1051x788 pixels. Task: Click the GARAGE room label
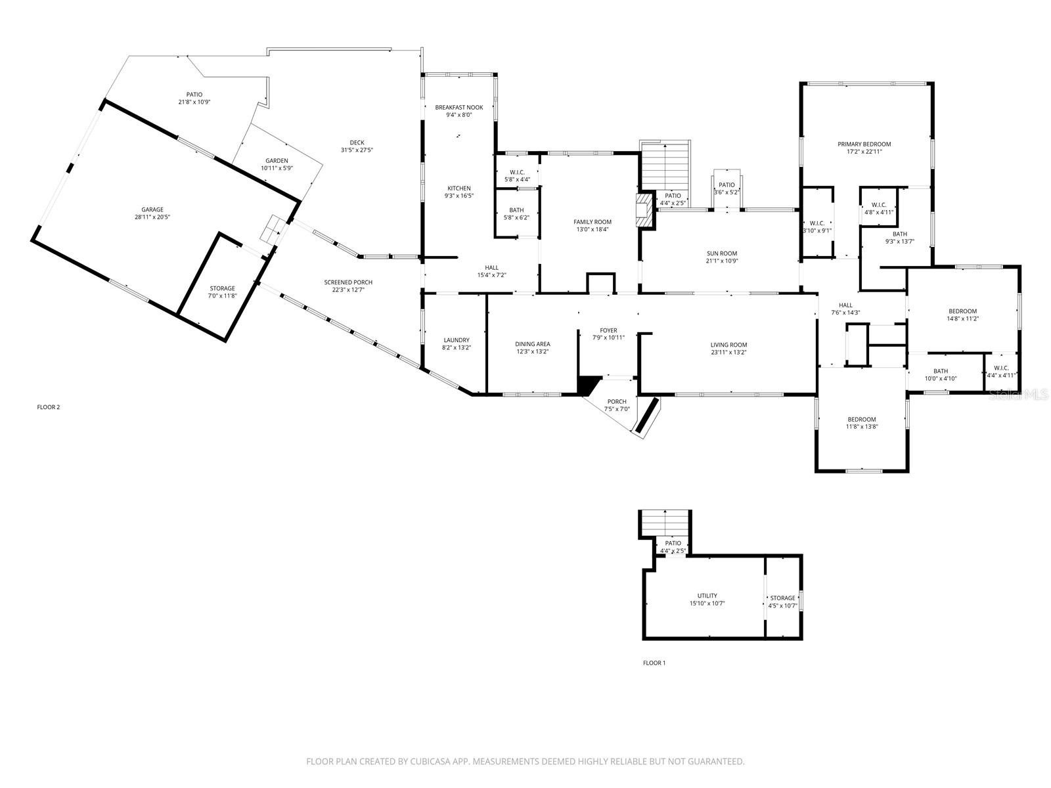pos(152,209)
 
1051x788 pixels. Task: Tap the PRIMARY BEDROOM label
pos(864,144)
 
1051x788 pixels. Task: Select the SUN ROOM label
pos(721,253)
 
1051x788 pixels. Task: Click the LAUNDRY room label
pos(457,340)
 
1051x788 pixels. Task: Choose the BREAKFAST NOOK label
pos(458,107)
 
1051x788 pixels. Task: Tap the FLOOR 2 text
pos(48,407)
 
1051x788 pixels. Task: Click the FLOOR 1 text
pos(654,663)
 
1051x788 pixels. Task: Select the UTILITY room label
pos(707,596)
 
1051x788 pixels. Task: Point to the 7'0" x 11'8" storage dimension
pos(222,296)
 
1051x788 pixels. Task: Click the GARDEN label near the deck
pos(277,161)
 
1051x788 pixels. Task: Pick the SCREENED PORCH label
pos(348,282)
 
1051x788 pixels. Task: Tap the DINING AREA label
pos(532,344)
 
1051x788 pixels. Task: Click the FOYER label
pos(608,330)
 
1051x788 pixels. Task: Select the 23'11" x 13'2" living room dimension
pos(728,353)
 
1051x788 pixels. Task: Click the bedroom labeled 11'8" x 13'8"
pos(861,420)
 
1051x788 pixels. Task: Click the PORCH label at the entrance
pos(616,401)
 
